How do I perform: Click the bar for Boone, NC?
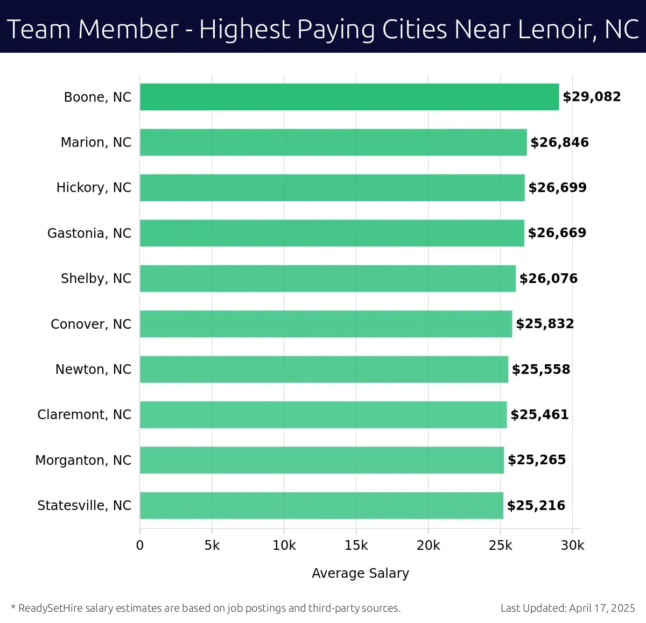tap(349, 97)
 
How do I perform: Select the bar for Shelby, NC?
tap(327, 278)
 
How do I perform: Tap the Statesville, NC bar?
tap(321, 505)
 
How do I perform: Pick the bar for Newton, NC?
tap(324, 369)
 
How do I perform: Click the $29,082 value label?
tap(592, 97)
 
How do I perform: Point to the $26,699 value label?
tap(557, 187)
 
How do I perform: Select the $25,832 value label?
tap(545, 324)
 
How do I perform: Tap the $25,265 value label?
tap(537, 460)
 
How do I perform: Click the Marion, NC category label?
tap(96, 142)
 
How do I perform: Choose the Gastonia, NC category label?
tap(89, 233)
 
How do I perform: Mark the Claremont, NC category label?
tap(84, 414)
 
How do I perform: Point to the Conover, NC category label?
tap(91, 324)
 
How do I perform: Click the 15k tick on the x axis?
tap(356, 546)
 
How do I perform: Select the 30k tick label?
tap(572, 546)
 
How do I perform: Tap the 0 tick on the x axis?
tap(140, 546)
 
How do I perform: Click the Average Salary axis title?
tap(360, 573)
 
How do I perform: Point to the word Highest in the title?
tap(245, 29)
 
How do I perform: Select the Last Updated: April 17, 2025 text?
tap(567, 608)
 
